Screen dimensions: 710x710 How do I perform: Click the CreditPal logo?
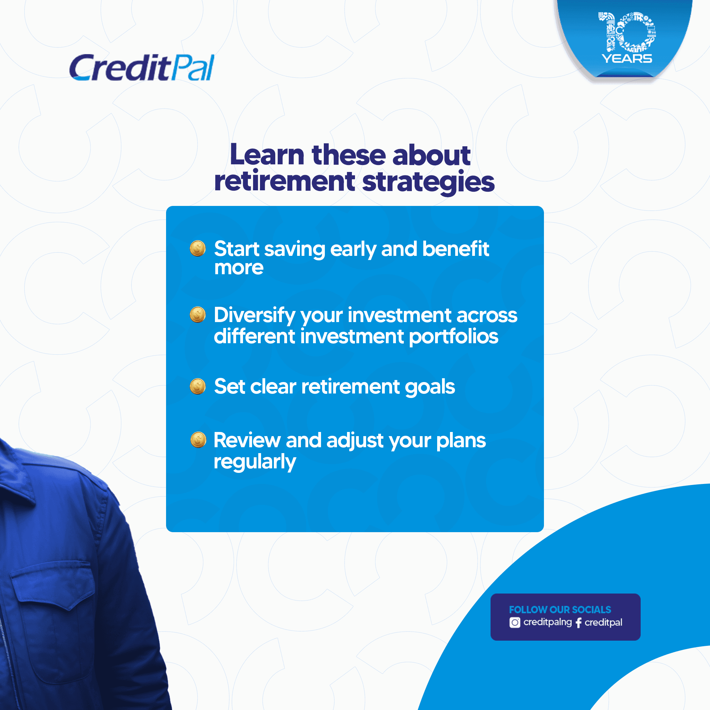141,68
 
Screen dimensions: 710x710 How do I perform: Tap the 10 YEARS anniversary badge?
625,38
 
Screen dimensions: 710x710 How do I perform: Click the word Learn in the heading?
267,155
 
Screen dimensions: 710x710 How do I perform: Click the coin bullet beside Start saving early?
198,249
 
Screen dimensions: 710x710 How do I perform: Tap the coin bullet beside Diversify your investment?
198,314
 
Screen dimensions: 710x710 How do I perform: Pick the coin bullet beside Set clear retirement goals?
198,386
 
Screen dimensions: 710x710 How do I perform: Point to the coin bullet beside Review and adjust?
198,440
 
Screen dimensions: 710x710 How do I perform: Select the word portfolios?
453,337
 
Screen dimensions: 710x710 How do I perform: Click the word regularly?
255,462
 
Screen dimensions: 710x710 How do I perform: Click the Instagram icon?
514,623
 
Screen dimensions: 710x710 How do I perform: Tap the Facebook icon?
579,623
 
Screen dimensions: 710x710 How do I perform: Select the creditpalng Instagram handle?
547,622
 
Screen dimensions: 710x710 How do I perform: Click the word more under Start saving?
239,268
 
